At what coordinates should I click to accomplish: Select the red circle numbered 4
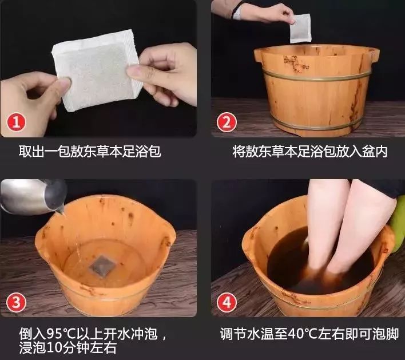pyautogui.click(x=227, y=302)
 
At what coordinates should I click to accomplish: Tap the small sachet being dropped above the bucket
pyautogui.click(x=300, y=29)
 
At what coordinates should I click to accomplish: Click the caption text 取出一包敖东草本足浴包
pyautogui.click(x=90, y=152)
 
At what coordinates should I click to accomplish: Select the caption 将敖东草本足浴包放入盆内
pyautogui.click(x=310, y=152)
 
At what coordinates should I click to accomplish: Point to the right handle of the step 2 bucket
pyautogui.click(x=374, y=56)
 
